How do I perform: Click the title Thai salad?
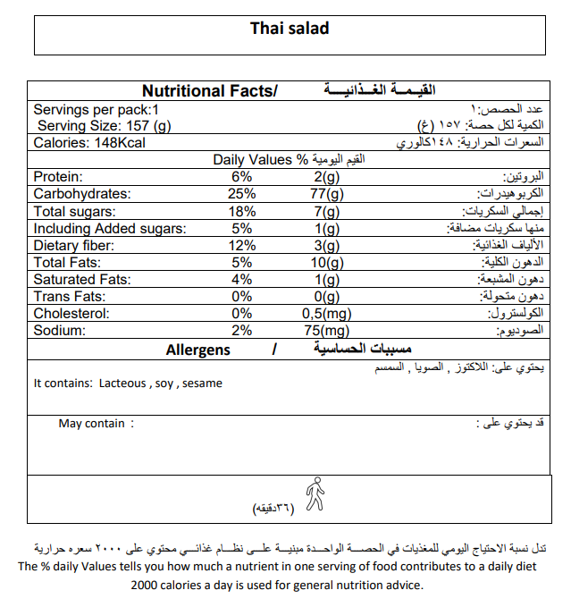click(290, 29)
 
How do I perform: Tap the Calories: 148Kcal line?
click(89, 143)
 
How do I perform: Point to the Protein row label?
click(58, 177)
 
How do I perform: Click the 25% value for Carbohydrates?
click(241, 194)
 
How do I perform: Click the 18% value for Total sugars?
click(241, 211)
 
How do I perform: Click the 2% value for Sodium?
click(241, 331)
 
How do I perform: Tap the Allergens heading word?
click(197, 350)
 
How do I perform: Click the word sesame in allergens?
click(202, 384)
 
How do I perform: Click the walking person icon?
click(314, 493)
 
